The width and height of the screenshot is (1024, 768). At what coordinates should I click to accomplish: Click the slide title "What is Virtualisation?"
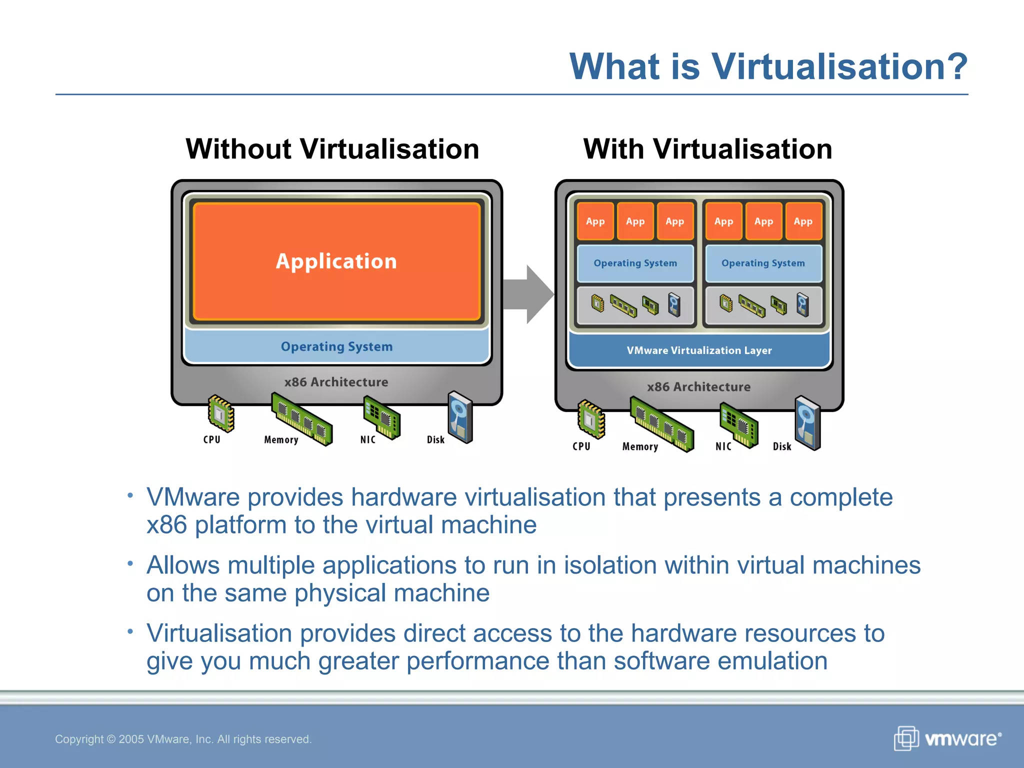(768, 66)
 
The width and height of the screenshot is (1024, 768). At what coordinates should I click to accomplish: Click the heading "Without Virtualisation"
(332, 149)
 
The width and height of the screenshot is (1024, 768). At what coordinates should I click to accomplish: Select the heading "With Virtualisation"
(707, 149)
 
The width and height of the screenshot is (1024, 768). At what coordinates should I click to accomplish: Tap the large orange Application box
(336, 261)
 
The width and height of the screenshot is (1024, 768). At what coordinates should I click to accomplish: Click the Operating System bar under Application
(336, 346)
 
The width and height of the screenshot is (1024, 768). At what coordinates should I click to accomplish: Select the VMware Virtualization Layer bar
(699, 350)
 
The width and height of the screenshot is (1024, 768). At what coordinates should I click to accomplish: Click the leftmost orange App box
(595, 221)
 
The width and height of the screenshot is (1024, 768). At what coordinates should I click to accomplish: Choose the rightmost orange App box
(803, 221)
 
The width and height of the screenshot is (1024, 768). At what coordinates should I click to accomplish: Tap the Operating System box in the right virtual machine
(763, 263)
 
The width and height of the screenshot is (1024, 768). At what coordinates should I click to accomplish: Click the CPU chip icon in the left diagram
(221, 413)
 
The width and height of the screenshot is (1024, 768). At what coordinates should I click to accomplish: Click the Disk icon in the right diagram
(807, 423)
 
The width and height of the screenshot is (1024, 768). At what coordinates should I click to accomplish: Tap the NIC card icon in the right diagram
(738, 425)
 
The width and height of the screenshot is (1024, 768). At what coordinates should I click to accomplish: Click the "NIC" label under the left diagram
(367, 439)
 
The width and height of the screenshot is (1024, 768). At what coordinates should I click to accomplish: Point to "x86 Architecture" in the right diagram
(698, 386)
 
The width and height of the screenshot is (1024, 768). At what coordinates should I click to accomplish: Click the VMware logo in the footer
(947, 738)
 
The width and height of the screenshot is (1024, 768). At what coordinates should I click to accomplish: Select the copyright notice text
(183, 739)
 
